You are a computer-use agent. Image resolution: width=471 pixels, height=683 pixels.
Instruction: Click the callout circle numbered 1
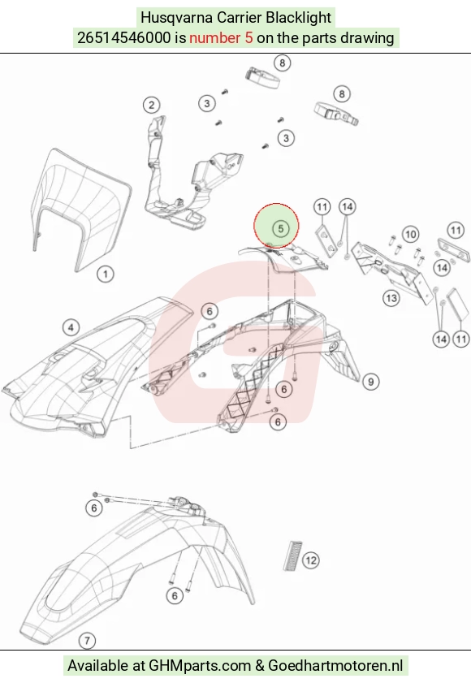[x=105, y=274]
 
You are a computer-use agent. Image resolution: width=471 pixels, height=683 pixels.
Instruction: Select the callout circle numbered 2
[x=151, y=105]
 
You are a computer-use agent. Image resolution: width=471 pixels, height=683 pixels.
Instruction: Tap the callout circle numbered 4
[x=71, y=327]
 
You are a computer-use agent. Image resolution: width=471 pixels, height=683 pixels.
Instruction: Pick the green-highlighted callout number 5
[x=281, y=228]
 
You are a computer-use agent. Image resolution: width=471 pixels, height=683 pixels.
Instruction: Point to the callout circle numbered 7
[x=87, y=641]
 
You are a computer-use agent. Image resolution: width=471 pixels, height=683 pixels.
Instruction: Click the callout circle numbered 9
[x=371, y=382]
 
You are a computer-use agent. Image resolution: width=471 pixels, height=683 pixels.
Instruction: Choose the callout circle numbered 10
[x=410, y=235]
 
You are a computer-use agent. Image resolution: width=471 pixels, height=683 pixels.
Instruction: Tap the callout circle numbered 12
[x=311, y=560]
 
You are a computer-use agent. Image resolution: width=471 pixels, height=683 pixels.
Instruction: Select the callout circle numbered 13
[x=391, y=298]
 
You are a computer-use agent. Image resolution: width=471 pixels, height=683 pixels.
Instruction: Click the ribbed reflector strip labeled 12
[x=292, y=555]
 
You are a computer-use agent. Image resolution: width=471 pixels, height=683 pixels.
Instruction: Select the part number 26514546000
[x=123, y=38]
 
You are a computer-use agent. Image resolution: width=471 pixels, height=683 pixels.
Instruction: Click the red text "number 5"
[x=221, y=38]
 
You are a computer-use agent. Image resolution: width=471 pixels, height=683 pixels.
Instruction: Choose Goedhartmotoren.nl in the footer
[x=335, y=666]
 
